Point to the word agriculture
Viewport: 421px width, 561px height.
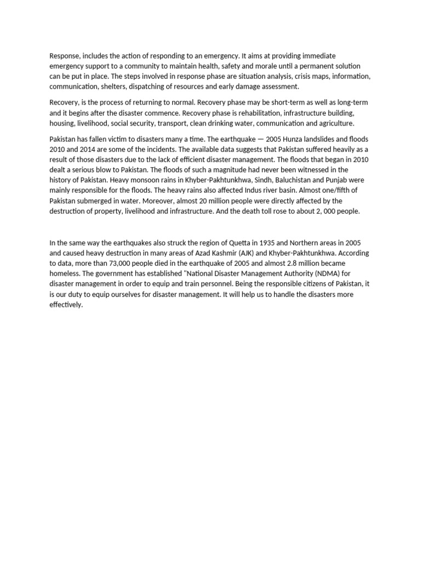click(x=334, y=123)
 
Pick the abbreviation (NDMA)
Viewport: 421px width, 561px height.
click(x=323, y=273)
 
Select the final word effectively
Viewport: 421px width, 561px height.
click(x=66, y=304)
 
